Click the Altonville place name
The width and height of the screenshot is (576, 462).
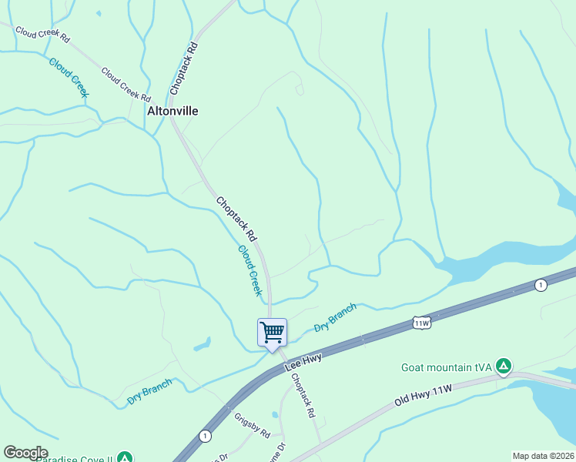pyautogui.click(x=172, y=111)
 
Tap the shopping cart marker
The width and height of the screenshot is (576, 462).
pyautogui.click(x=272, y=333)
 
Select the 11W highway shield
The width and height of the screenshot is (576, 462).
pyautogui.click(x=420, y=323)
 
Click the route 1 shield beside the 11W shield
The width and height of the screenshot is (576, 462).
pyautogui.click(x=541, y=285)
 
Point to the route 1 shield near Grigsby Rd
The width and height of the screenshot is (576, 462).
pyautogui.click(x=204, y=435)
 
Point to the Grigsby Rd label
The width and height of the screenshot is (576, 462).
pyautogui.click(x=252, y=424)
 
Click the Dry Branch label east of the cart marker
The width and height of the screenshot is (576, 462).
pyautogui.click(x=335, y=318)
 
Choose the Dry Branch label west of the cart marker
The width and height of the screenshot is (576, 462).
pyautogui.click(x=149, y=391)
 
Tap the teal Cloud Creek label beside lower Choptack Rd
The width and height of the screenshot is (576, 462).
pyautogui.click(x=251, y=270)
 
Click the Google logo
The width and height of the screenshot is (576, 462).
pyautogui.click(x=25, y=453)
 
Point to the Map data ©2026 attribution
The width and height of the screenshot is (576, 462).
pyautogui.click(x=543, y=456)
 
